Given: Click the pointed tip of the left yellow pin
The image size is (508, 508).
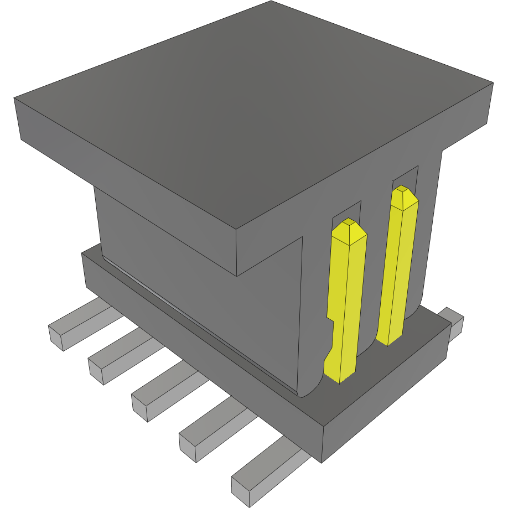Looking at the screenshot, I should pos(349,222).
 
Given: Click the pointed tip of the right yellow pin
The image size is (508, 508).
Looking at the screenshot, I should pos(403,190).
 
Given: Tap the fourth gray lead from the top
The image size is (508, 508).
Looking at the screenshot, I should pos(213,429).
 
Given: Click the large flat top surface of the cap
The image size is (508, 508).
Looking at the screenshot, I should pos(249,111).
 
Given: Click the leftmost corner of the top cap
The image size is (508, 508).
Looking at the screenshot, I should pos(15,99).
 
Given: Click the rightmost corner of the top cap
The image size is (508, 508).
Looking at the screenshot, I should pos(492,84).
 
